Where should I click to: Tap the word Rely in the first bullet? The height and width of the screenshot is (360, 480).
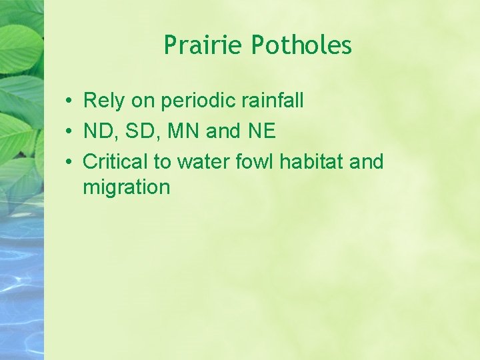[x=102, y=101]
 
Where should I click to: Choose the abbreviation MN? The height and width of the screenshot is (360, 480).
[x=184, y=131]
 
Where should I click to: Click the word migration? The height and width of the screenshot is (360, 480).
[x=127, y=187]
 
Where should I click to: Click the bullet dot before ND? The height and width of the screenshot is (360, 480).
[x=69, y=132]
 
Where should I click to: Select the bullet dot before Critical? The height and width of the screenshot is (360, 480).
[x=69, y=162]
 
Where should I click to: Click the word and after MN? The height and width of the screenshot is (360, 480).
[x=223, y=131]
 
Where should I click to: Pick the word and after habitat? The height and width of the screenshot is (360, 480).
[x=367, y=161]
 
